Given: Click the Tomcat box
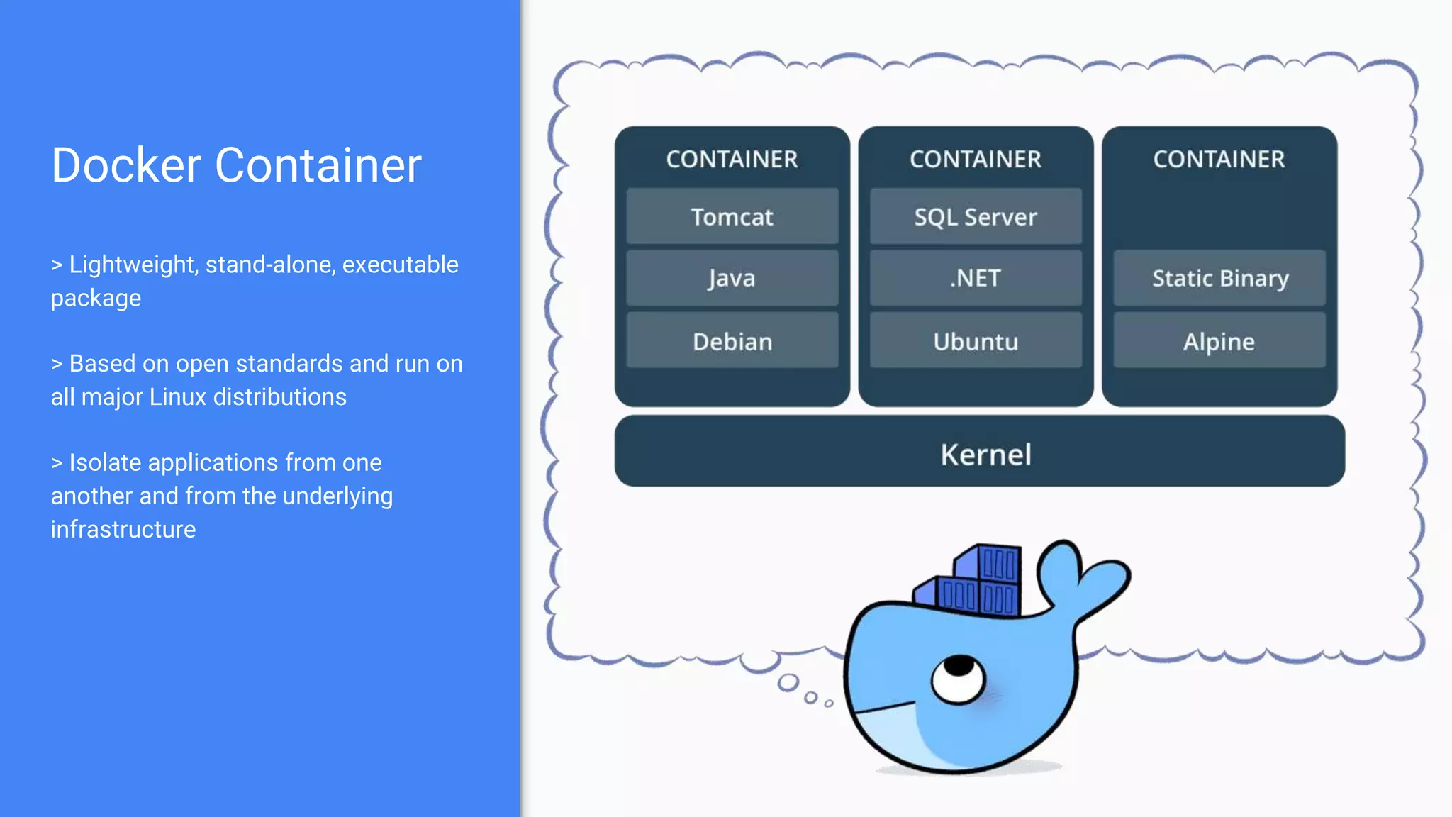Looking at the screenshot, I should (732, 216).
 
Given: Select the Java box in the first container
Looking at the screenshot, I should (732, 278).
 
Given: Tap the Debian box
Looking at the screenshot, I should (732, 341).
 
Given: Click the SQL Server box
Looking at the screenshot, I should (976, 216).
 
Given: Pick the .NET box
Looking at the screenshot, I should (976, 278).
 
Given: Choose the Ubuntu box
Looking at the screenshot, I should (976, 341).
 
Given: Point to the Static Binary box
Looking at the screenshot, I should (1219, 278).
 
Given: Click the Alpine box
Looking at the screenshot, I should (1219, 341).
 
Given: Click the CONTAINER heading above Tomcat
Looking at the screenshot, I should (732, 159).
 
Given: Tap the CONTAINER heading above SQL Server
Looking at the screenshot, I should (976, 159).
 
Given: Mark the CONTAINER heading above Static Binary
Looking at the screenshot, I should (1219, 159).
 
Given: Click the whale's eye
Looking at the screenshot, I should (959, 677).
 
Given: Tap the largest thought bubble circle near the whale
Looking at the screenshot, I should (788, 683).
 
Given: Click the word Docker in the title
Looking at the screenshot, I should (126, 165).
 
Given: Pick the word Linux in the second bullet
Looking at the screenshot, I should (177, 397).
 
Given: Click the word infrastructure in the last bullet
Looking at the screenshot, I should (123, 530).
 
